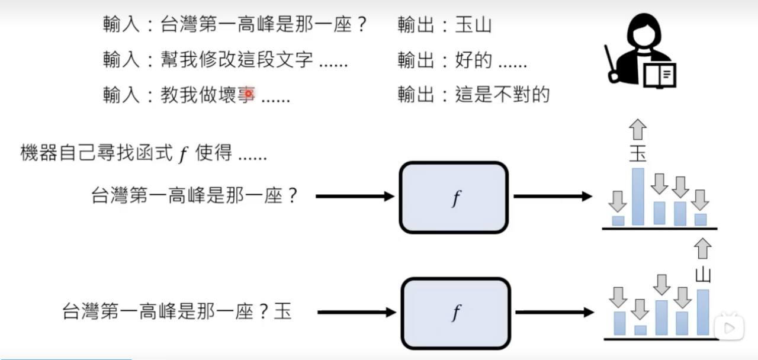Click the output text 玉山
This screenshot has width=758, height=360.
tap(473, 25)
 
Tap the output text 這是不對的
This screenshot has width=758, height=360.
tap(502, 95)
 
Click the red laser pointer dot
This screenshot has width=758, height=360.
tap(249, 94)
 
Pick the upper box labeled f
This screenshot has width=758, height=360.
tap(454, 197)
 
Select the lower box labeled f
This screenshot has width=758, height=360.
tap(455, 313)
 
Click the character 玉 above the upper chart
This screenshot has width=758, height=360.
tap(638, 154)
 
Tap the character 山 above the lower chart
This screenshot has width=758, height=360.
tap(702, 274)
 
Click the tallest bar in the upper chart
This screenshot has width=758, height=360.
tap(638, 197)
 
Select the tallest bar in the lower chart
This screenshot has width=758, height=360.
tap(703, 312)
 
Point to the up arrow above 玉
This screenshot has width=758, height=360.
tap(638, 129)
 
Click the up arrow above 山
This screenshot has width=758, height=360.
tap(703, 248)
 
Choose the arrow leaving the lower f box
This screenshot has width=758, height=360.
tap(554, 312)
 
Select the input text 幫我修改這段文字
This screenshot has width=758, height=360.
tap(237, 60)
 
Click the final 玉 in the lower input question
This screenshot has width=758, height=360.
tap(282, 311)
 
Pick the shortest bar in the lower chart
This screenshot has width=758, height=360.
tap(640, 330)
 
